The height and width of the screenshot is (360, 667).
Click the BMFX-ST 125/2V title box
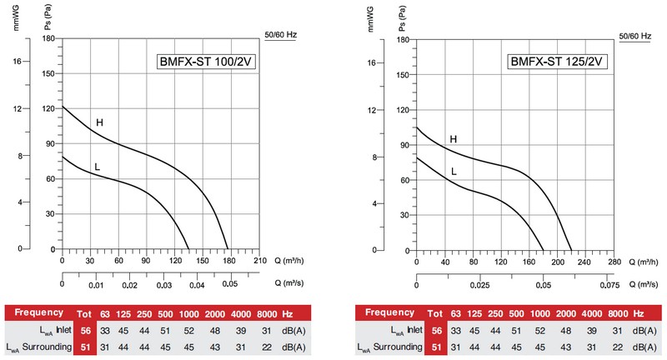(x=558, y=62)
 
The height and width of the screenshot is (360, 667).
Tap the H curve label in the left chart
(x=99, y=123)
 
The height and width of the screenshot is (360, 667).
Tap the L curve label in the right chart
(x=454, y=172)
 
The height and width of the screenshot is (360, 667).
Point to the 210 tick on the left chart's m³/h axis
(x=259, y=261)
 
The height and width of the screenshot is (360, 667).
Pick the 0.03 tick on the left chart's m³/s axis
(x=163, y=284)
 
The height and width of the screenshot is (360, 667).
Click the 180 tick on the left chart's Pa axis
(x=49, y=38)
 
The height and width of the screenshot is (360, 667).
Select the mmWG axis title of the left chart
(x=16, y=17)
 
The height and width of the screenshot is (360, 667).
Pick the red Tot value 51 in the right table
(x=436, y=347)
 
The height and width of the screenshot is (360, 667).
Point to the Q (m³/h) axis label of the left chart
(x=288, y=261)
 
